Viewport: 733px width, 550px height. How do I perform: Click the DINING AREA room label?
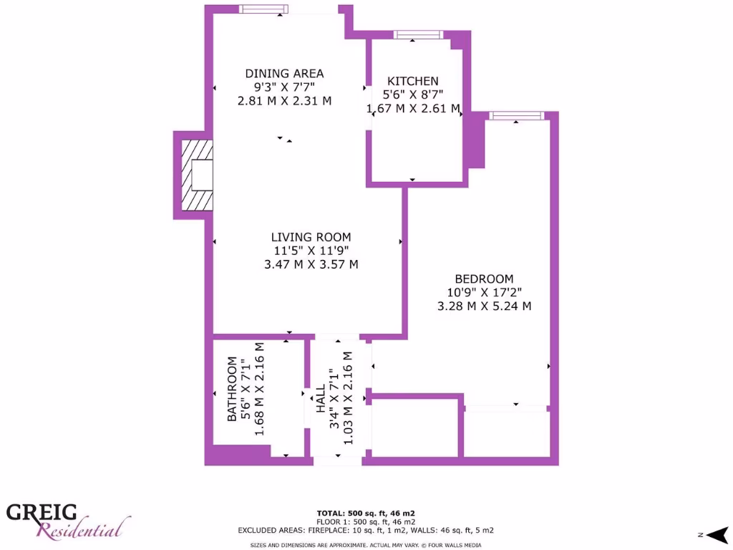click(284, 73)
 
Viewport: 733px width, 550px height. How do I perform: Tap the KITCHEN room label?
click(412, 81)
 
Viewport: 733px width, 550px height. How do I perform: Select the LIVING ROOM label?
click(311, 237)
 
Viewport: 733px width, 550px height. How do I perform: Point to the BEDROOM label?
click(484, 279)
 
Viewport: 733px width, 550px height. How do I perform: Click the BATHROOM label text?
click(232, 389)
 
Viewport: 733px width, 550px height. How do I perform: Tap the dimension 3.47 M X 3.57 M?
click(311, 264)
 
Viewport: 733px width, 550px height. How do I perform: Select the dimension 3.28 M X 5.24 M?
click(484, 306)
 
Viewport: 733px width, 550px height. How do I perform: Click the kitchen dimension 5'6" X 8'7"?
click(412, 95)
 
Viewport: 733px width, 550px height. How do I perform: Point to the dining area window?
click(263, 9)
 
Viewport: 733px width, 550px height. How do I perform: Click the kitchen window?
click(418, 34)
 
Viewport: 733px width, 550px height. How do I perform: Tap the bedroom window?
click(516, 116)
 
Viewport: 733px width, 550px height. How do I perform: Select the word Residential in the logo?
click(84, 531)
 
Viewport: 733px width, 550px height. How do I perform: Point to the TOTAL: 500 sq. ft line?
click(366, 513)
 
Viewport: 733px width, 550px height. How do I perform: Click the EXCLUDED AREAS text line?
click(366, 531)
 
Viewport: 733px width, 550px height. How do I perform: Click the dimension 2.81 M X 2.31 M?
click(284, 101)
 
